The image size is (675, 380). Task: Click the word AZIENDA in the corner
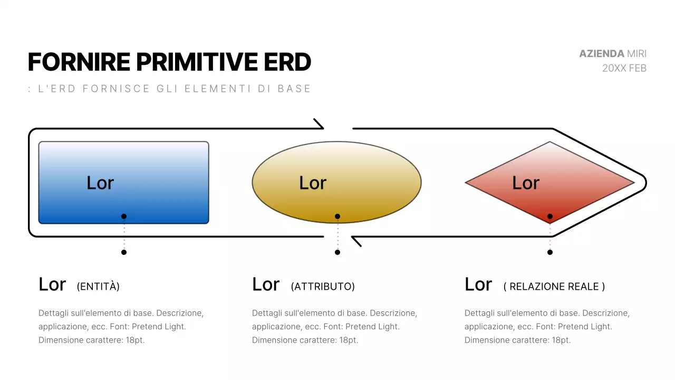click(601, 54)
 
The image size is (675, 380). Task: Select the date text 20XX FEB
click(624, 68)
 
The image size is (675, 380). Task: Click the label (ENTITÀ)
click(98, 287)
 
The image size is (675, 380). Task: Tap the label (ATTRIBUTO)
click(323, 287)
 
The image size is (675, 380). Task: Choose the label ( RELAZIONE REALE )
click(554, 287)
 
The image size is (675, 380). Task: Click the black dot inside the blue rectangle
click(124, 216)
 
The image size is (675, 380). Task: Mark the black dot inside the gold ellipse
click(337, 216)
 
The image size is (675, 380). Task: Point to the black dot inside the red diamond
click(550, 216)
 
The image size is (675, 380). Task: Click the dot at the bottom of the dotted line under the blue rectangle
click(124, 252)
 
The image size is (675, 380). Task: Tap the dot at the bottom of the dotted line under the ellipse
click(337, 252)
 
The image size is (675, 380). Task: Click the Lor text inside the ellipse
click(313, 183)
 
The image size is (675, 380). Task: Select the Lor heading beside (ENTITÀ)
click(52, 284)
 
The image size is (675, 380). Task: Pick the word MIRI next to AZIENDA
click(637, 54)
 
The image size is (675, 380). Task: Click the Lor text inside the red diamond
click(526, 183)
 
